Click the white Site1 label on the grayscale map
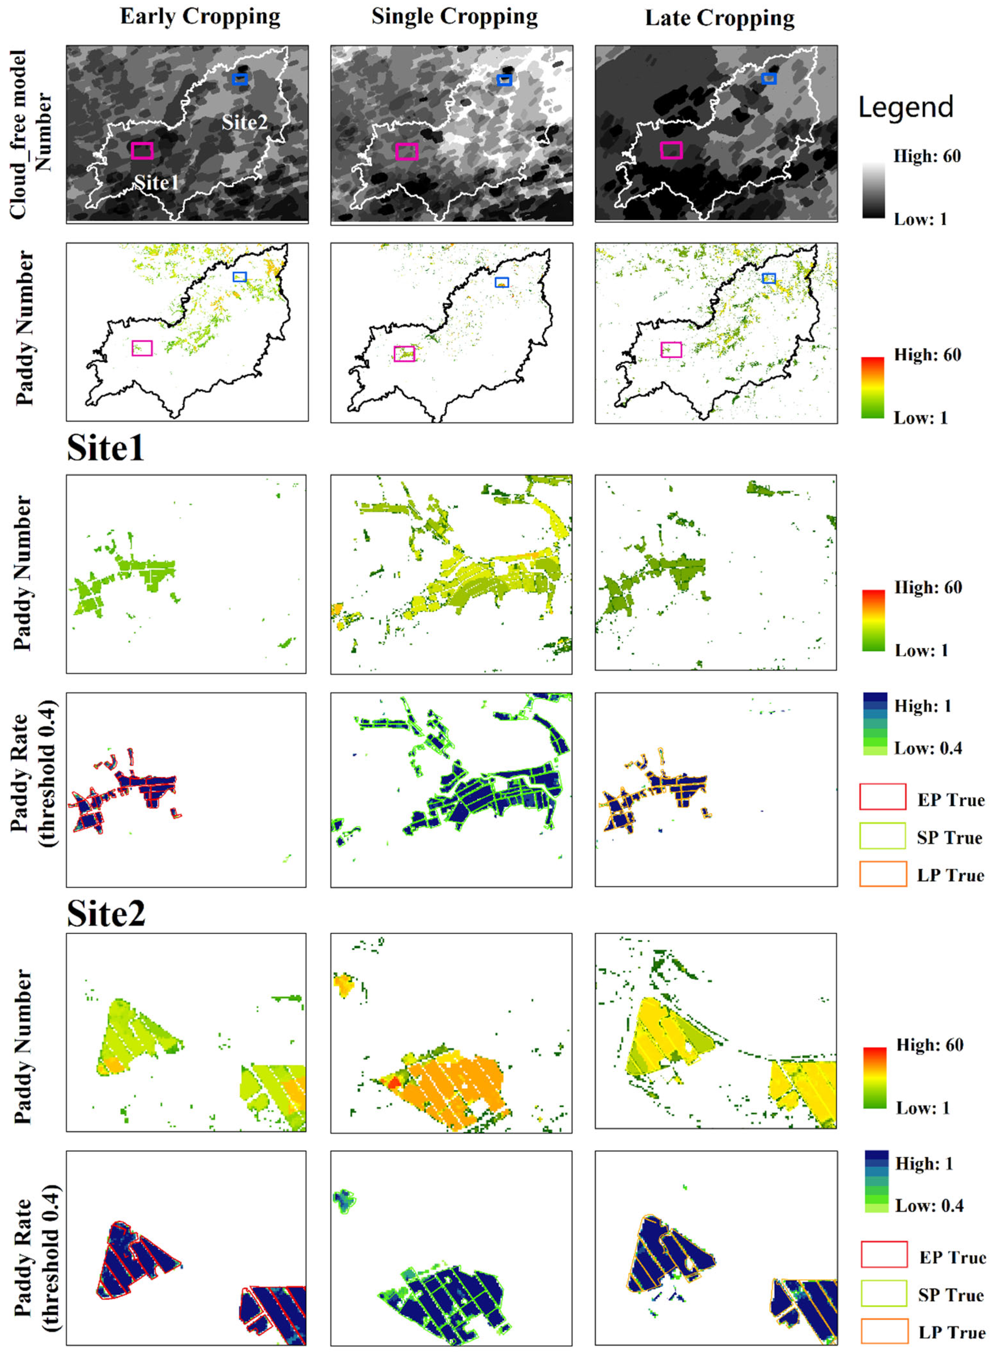pos(156,182)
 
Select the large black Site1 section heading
pos(106,448)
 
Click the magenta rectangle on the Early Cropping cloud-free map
pos(142,150)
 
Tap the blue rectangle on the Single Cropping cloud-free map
pos(505,80)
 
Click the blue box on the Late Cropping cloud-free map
pos(769,79)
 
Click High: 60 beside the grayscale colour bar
pos(927,156)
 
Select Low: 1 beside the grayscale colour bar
pos(920,220)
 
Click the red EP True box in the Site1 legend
pos(882,797)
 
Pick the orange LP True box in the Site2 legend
pos(884,1330)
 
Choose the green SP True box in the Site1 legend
pos(882,835)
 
